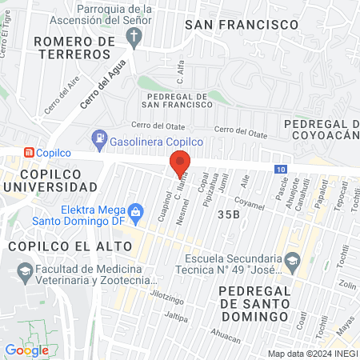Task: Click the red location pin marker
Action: coord(180,162)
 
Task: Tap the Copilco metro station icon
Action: coord(29,152)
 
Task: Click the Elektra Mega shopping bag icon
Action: coord(135,211)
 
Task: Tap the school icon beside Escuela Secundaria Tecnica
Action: coord(293,258)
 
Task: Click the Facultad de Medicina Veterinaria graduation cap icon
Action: coord(25,274)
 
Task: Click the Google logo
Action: coord(26,350)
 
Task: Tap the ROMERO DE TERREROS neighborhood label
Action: coord(72,46)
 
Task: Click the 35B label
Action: coord(228,214)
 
